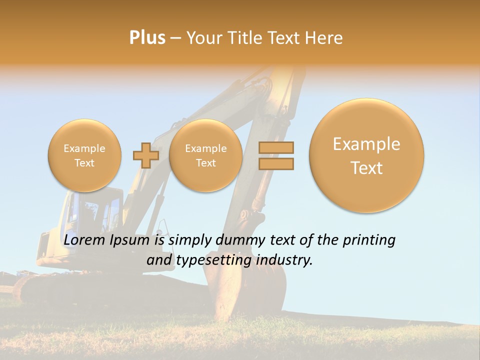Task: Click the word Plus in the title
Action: (147, 38)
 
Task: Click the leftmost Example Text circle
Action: (84, 155)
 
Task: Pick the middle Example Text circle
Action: (205, 155)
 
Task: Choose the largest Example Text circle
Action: (366, 155)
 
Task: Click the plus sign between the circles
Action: (145, 155)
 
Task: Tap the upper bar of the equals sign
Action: (276, 147)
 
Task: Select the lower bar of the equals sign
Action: (276, 163)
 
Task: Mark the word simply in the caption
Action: (186, 241)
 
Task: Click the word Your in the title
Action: (203, 38)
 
